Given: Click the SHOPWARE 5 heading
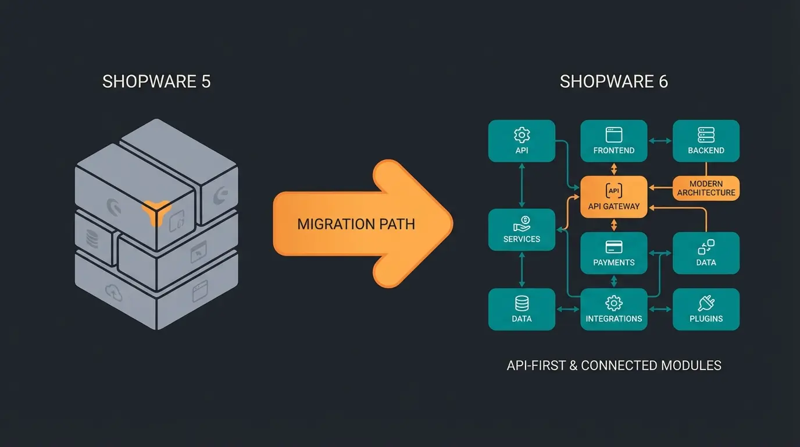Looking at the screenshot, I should coord(156,81).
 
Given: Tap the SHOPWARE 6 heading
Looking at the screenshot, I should coord(613,81).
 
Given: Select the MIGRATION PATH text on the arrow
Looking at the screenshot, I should coord(356,224).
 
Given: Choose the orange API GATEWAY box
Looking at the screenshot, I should coord(613,197).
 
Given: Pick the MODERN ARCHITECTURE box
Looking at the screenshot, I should coord(706,188).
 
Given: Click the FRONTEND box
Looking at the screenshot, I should coord(613,141).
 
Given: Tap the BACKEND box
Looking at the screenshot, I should coord(706,141).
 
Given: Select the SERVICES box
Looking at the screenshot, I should coord(522,230).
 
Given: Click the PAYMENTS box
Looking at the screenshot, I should coord(613,253).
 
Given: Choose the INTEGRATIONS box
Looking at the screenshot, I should coord(613,309).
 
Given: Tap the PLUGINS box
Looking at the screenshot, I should coord(706,309).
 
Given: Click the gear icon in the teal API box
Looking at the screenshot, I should coord(522,135).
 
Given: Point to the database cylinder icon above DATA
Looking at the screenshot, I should coord(522,303).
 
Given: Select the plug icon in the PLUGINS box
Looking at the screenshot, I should coord(706,303).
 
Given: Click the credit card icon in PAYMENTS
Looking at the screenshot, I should coord(613,247).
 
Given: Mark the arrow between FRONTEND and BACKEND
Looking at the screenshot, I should coord(660,141).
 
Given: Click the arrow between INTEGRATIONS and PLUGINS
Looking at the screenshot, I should coord(660,309).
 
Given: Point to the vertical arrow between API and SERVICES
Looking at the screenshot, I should coord(522,185).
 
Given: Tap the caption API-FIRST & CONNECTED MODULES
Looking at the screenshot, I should coord(613,366).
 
